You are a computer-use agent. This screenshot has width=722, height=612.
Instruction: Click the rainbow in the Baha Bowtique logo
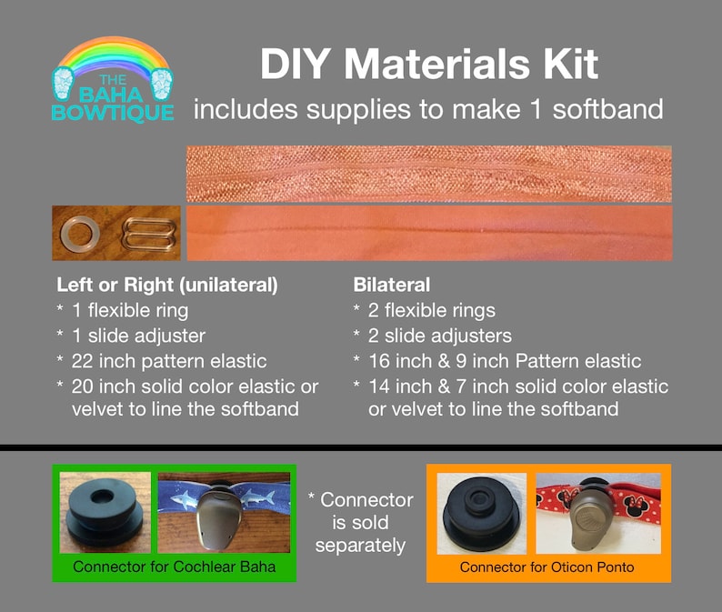click(x=113, y=47)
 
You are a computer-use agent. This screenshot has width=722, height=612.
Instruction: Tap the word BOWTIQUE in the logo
click(x=113, y=113)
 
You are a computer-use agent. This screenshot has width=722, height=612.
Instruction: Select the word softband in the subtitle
click(x=607, y=110)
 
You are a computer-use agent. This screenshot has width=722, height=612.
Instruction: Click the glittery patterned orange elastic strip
click(x=428, y=174)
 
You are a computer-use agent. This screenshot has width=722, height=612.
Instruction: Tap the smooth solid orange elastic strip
click(x=429, y=233)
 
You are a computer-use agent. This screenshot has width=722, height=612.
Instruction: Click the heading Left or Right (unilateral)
click(x=167, y=285)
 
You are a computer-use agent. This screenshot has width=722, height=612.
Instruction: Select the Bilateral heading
click(x=391, y=285)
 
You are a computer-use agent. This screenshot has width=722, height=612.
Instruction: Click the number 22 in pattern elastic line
click(x=82, y=361)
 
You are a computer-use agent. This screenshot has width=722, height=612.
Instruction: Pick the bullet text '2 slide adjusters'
click(x=440, y=336)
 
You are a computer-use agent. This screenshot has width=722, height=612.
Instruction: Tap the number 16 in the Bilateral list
click(x=379, y=361)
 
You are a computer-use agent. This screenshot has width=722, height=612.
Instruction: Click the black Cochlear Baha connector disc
click(x=105, y=513)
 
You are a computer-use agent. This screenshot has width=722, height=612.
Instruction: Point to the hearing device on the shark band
click(x=218, y=516)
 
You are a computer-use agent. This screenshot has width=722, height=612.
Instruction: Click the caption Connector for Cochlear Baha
click(x=174, y=567)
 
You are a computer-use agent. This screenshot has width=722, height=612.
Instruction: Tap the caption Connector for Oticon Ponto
click(x=547, y=567)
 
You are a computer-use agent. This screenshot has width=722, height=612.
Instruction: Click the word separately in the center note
click(x=360, y=546)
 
